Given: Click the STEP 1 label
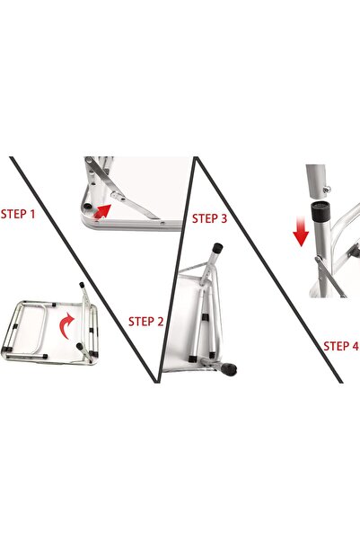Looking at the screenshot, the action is tap(18, 214).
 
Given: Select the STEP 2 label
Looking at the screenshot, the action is tap(146, 322).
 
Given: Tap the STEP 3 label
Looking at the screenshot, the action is tap(209, 218).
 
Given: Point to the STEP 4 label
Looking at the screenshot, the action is tap(341, 346).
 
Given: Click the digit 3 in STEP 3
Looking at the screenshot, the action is tap(224, 218).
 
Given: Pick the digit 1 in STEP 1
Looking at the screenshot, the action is tap(32, 214).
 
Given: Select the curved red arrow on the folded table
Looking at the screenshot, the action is tap(66, 325).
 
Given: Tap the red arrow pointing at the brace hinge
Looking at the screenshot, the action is tap(102, 211).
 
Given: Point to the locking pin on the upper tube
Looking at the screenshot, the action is tap(327, 188).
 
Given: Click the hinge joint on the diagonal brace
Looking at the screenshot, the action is tap(117, 197).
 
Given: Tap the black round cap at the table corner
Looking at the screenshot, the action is tap(87, 207).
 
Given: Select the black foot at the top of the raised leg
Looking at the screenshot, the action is tap(217, 247).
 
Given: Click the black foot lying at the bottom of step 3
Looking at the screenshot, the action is tap(230, 369).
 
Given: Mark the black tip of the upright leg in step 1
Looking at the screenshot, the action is tap(82, 285).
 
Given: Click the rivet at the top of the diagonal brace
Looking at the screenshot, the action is tap(89, 160).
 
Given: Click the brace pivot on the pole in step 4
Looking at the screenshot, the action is tap(318, 259).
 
